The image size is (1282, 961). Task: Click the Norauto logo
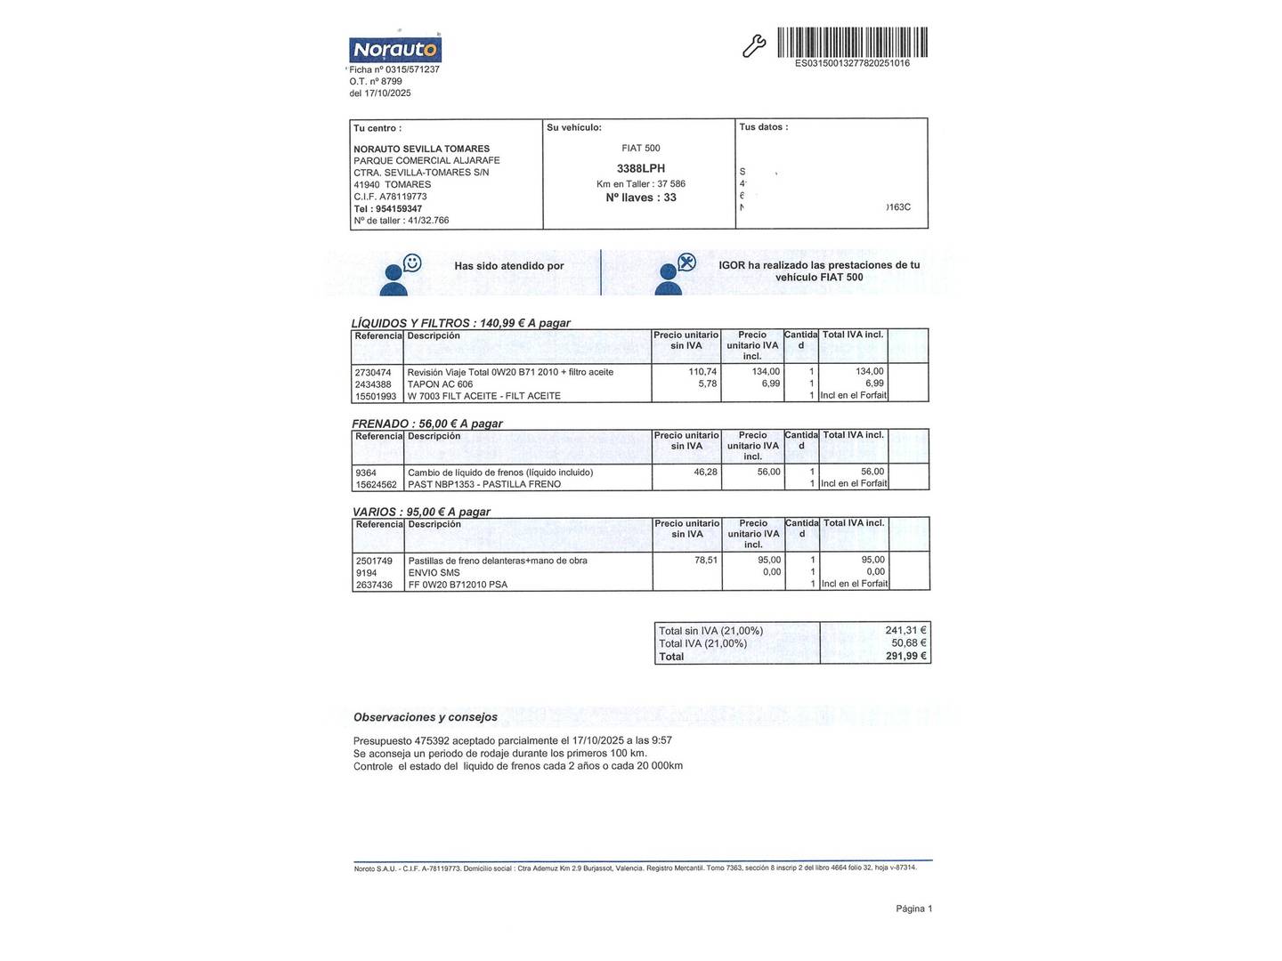click(x=395, y=49)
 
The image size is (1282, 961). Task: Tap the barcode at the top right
click(x=852, y=42)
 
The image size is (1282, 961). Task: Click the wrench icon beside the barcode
click(x=754, y=46)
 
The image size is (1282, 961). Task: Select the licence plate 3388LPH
click(x=641, y=168)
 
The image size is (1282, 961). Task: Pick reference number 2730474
click(x=373, y=372)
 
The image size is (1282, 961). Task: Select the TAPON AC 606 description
click(x=440, y=384)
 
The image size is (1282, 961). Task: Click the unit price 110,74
click(x=702, y=372)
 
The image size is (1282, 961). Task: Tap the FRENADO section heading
click(x=383, y=424)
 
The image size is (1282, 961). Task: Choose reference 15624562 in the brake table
click(x=376, y=485)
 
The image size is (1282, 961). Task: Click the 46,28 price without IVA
click(x=705, y=472)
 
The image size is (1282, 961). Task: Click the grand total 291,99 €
click(x=906, y=657)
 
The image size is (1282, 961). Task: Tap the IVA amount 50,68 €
click(x=909, y=643)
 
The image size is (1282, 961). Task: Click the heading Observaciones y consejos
click(x=426, y=717)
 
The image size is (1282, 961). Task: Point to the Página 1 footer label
click(x=913, y=909)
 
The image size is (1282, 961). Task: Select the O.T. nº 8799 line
click(x=376, y=81)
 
